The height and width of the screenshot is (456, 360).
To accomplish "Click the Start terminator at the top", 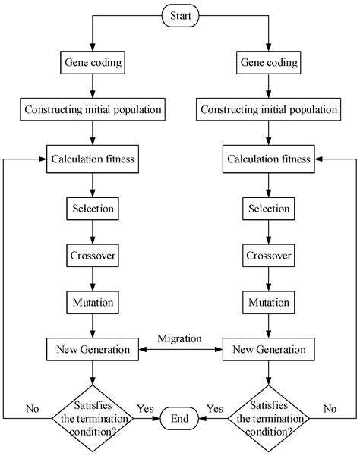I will click(x=180, y=14).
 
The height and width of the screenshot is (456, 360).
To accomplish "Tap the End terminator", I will click(x=180, y=417).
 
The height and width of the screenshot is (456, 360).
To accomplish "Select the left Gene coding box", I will click(x=92, y=62).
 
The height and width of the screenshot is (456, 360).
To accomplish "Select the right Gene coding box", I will click(x=268, y=62).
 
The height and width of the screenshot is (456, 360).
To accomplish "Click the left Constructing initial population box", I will click(x=92, y=110).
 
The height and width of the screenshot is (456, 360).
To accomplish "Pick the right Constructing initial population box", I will click(x=268, y=110).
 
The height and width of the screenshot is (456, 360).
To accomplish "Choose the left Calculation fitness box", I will click(x=92, y=159).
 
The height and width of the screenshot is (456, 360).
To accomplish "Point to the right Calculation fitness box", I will click(x=268, y=159).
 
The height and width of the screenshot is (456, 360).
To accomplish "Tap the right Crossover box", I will click(x=268, y=255).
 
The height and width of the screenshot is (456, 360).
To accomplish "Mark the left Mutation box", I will click(x=92, y=303).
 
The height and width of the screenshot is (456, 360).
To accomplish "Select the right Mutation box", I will click(x=268, y=303).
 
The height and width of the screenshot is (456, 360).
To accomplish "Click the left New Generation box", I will click(x=92, y=350).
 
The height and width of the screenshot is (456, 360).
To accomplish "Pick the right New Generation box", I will click(x=268, y=350).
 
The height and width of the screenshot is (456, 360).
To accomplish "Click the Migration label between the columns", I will click(x=180, y=337).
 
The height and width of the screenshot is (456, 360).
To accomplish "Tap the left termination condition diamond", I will click(x=92, y=417).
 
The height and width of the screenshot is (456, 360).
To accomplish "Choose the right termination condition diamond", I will click(x=268, y=417).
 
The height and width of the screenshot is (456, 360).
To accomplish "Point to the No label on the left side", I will click(x=32, y=408).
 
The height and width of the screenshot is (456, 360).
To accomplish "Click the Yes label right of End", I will click(x=216, y=408).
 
